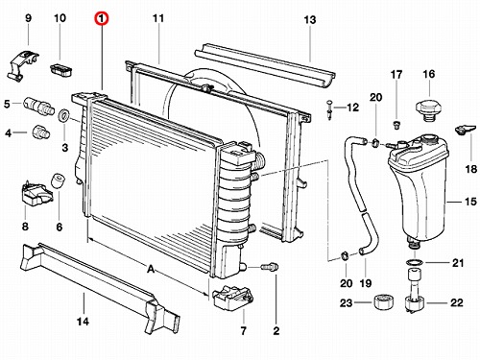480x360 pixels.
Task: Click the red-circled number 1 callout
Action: coord(101,18)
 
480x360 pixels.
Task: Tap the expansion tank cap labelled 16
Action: coord(428,110)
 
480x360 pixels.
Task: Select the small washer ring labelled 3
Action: coord(64,115)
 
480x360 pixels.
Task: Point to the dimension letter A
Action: coord(151,269)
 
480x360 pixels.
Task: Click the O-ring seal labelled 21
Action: coord(415,263)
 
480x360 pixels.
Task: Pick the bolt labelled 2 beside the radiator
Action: coord(270,267)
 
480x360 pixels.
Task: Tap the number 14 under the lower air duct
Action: coord(83,321)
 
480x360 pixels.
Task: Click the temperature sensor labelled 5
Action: coord(36,106)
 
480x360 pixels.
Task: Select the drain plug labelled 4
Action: coord(41,132)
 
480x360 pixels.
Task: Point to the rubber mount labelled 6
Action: coord(59,180)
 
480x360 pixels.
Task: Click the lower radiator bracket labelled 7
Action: coord(232,299)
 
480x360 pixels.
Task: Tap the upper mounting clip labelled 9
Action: coord(22,65)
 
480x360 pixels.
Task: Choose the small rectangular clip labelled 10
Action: coord(60,70)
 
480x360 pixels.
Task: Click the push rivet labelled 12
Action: coord(329,109)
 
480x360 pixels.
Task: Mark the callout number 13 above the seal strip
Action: coord(309,20)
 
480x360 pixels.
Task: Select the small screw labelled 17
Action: coord(396,125)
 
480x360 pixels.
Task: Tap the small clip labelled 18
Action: coord(464,129)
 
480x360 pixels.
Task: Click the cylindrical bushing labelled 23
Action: coord(384,302)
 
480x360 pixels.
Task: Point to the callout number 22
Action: coord(456,302)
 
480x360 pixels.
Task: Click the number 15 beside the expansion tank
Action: coord(470,202)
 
